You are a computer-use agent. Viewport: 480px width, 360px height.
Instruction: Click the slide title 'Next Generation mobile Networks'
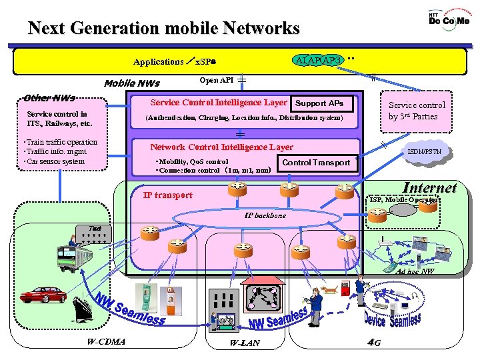click(x=164, y=29)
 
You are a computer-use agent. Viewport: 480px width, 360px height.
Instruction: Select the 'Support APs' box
click(x=319, y=103)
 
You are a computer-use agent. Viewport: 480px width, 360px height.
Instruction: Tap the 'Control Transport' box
click(x=316, y=163)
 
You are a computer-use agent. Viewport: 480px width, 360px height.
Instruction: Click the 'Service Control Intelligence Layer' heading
click(x=219, y=103)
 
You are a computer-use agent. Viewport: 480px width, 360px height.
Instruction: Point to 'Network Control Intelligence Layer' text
click(x=221, y=147)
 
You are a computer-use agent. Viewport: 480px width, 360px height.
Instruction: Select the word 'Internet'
click(x=430, y=188)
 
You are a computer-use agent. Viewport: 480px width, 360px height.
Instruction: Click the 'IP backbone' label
click(x=265, y=216)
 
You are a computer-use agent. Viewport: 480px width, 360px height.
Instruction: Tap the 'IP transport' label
click(x=168, y=195)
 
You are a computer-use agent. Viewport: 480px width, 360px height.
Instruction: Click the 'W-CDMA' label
click(x=106, y=343)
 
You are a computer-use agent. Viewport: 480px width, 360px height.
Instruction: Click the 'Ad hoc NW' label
click(x=414, y=272)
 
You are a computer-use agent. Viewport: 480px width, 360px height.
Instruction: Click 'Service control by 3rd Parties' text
click(x=417, y=111)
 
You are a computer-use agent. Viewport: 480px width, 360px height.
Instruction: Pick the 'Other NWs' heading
click(x=49, y=97)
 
